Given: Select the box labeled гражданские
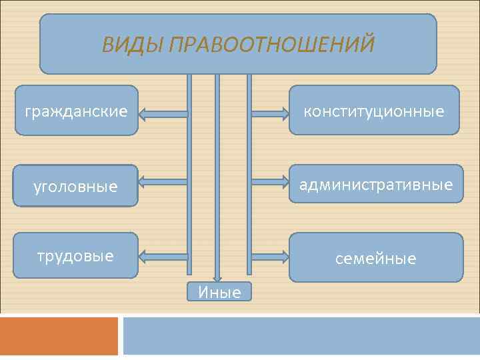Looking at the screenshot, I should tap(76, 111).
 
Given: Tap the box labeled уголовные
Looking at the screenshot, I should tap(76, 186).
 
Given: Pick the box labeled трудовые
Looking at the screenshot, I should tap(76, 255).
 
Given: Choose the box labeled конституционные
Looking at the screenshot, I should tap(374, 110).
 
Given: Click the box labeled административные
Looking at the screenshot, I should tap(376, 183).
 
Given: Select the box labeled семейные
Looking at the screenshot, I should tap(376, 257).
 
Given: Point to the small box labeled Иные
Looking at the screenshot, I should tap(219, 291).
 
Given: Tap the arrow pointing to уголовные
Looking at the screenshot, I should tap(163, 181).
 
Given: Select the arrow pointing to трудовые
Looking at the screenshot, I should tap(163, 255).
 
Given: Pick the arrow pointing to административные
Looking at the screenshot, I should tap(269, 181).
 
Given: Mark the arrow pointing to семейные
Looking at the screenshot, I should tap(269, 255).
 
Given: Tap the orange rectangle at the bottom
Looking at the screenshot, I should tap(59, 336).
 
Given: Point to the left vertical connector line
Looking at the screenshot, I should tap(189, 173).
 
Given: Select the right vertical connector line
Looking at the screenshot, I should tap(249, 173).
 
